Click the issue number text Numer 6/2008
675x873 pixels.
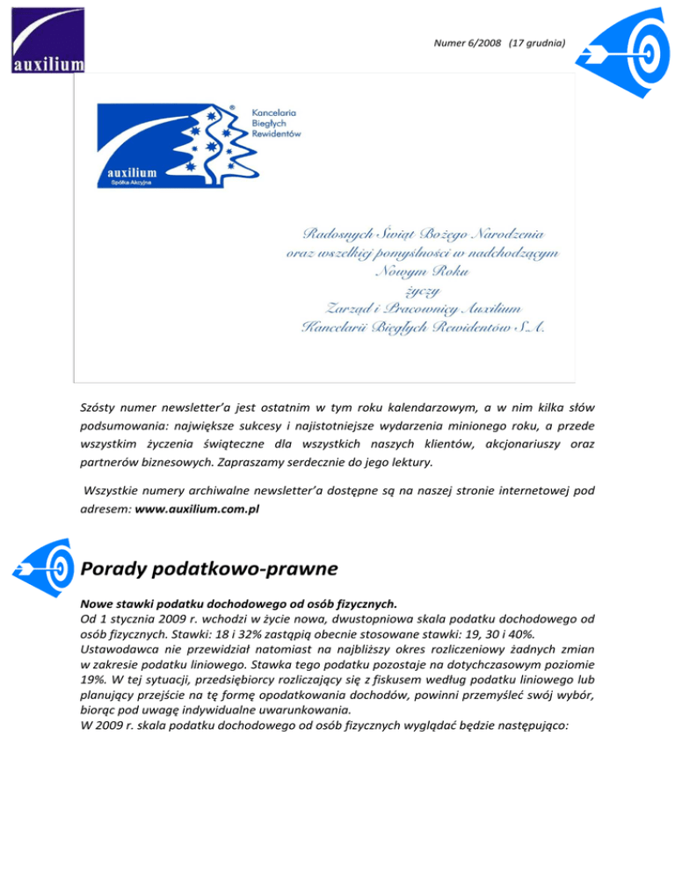coord(463,42)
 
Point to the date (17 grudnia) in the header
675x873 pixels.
coord(531,42)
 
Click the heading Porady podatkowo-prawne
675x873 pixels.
coord(208,570)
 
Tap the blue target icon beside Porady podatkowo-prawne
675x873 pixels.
coord(43,564)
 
